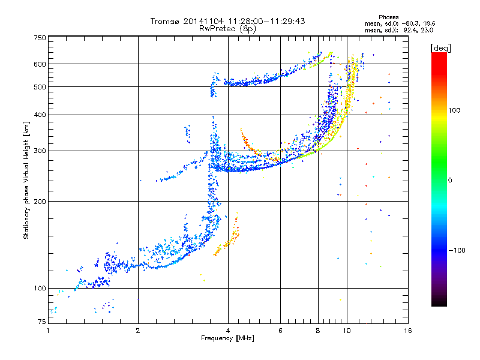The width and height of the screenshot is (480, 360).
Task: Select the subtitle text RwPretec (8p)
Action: click(x=227, y=29)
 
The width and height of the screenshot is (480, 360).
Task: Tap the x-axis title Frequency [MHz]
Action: click(x=227, y=338)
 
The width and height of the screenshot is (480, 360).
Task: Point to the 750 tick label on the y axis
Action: click(x=40, y=38)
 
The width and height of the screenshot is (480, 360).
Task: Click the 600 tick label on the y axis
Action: click(x=40, y=64)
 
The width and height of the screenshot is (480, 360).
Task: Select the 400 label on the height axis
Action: click(x=40, y=115)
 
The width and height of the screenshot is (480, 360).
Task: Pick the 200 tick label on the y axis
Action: click(x=40, y=202)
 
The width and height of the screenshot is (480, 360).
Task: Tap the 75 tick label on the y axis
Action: click(x=42, y=322)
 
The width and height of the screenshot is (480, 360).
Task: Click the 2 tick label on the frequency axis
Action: click(x=138, y=331)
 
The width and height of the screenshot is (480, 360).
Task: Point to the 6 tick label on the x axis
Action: click(x=280, y=331)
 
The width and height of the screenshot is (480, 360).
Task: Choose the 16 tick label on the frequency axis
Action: click(x=408, y=331)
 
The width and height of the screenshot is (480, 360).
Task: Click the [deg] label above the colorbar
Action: click(x=441, y=48)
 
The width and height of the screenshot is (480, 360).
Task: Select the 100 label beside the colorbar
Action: click(x=454, y=110)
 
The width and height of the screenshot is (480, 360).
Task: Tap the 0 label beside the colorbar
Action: click(x=450, y=181)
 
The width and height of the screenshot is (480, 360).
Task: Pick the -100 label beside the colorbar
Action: click(x=457, y=250)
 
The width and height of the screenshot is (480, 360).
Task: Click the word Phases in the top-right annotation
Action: click(x=388, y=17)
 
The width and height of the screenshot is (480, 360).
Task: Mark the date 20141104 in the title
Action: click(x=203, y=21)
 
